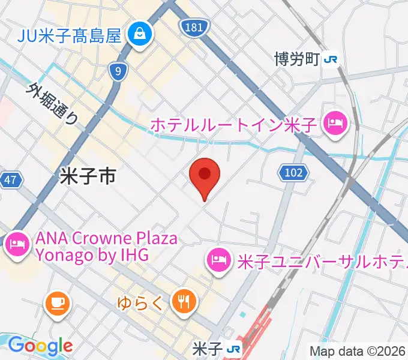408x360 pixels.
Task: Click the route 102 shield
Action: click(293, 173)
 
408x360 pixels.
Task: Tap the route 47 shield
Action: click(11, 179)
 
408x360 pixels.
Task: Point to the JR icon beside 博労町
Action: click(331, 59)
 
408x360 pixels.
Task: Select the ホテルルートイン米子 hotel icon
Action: click(332, 124)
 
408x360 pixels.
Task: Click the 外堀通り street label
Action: click(52, 103)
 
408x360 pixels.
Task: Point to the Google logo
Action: click(40, 346)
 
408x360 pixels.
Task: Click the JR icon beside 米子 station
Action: click(235, 349)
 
